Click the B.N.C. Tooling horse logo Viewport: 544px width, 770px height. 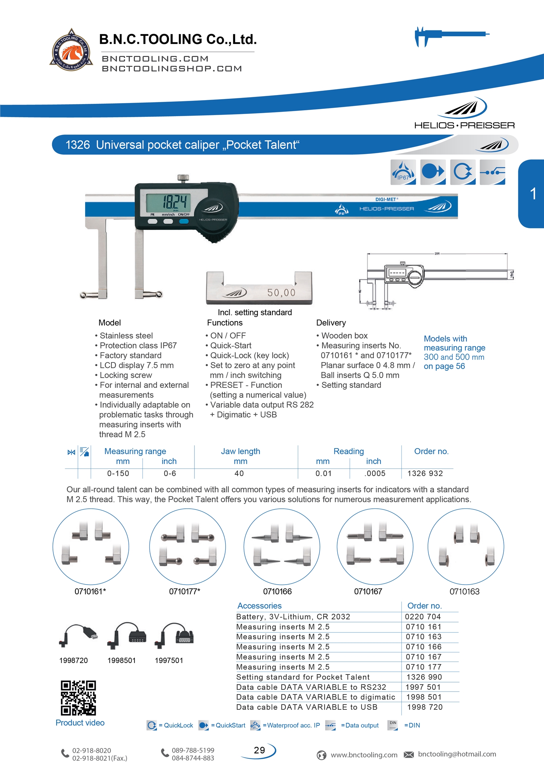point(71,50)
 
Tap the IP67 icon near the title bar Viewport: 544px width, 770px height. point(403,172)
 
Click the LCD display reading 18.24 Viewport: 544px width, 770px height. point(168,202)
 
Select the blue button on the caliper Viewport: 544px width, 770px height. point(184,221)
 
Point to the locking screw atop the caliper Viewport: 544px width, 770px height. point(183,178)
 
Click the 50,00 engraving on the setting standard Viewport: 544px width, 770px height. point(281,292)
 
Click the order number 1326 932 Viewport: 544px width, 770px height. point(425,473)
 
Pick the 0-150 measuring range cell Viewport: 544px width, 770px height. point(118,473)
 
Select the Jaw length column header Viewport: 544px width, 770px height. point(240,451)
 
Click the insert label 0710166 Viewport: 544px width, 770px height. point(277,591)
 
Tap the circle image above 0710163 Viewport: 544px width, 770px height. point(465,546)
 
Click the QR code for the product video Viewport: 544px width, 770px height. point(78,697)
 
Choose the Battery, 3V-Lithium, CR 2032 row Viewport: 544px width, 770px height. point(293,617)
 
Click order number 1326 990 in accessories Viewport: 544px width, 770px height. point(424,677)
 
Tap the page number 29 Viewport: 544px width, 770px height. point(259,750)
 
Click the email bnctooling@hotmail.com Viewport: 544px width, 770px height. point(457,754)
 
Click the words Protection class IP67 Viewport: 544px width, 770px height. point(138,345)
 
